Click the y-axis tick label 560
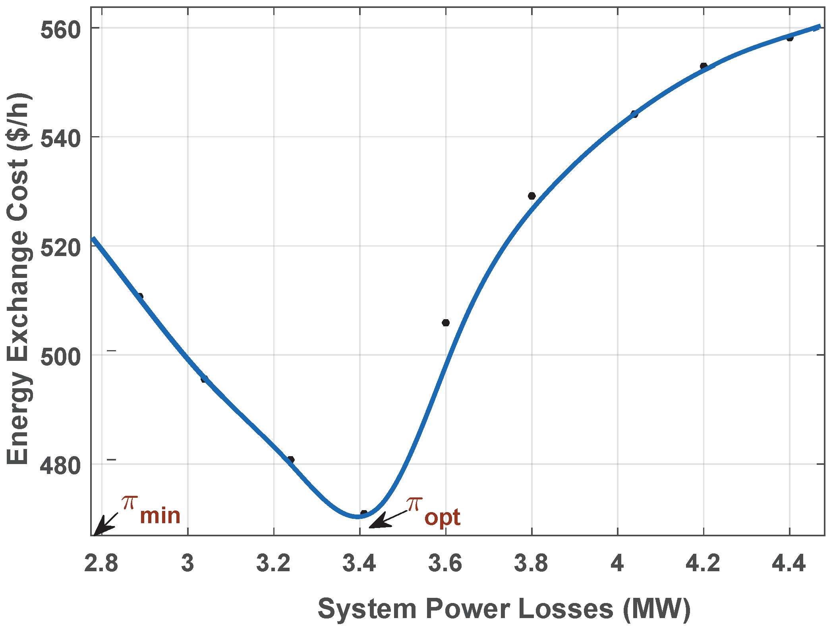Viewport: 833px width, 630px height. tap(60, 30)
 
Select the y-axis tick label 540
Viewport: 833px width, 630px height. tap(60, 139)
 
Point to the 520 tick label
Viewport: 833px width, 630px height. tap(60, 248)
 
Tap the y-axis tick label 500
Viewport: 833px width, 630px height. tap(60, 357)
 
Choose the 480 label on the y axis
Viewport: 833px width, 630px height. tap(60, 466)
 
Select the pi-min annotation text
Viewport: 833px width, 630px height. tap(151, 510)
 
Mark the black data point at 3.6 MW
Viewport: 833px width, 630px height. tap(446, 323)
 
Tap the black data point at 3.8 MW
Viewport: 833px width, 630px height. tap(532, 196)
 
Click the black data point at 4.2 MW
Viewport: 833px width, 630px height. tap(704, 66)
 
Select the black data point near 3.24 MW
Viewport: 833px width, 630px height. tap(291, 460)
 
